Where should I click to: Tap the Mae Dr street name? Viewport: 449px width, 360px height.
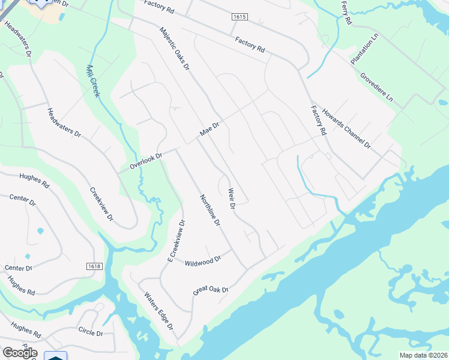210,130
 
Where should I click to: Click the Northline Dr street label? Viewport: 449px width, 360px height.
210,210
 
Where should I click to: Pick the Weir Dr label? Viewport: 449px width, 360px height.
231,199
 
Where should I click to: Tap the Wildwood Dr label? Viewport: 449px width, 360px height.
203,261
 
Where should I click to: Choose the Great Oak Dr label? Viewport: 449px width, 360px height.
211,290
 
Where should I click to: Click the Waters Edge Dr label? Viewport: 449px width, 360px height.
159,311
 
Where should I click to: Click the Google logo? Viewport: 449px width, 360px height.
20,353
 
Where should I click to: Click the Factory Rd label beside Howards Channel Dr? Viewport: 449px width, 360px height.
318,120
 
